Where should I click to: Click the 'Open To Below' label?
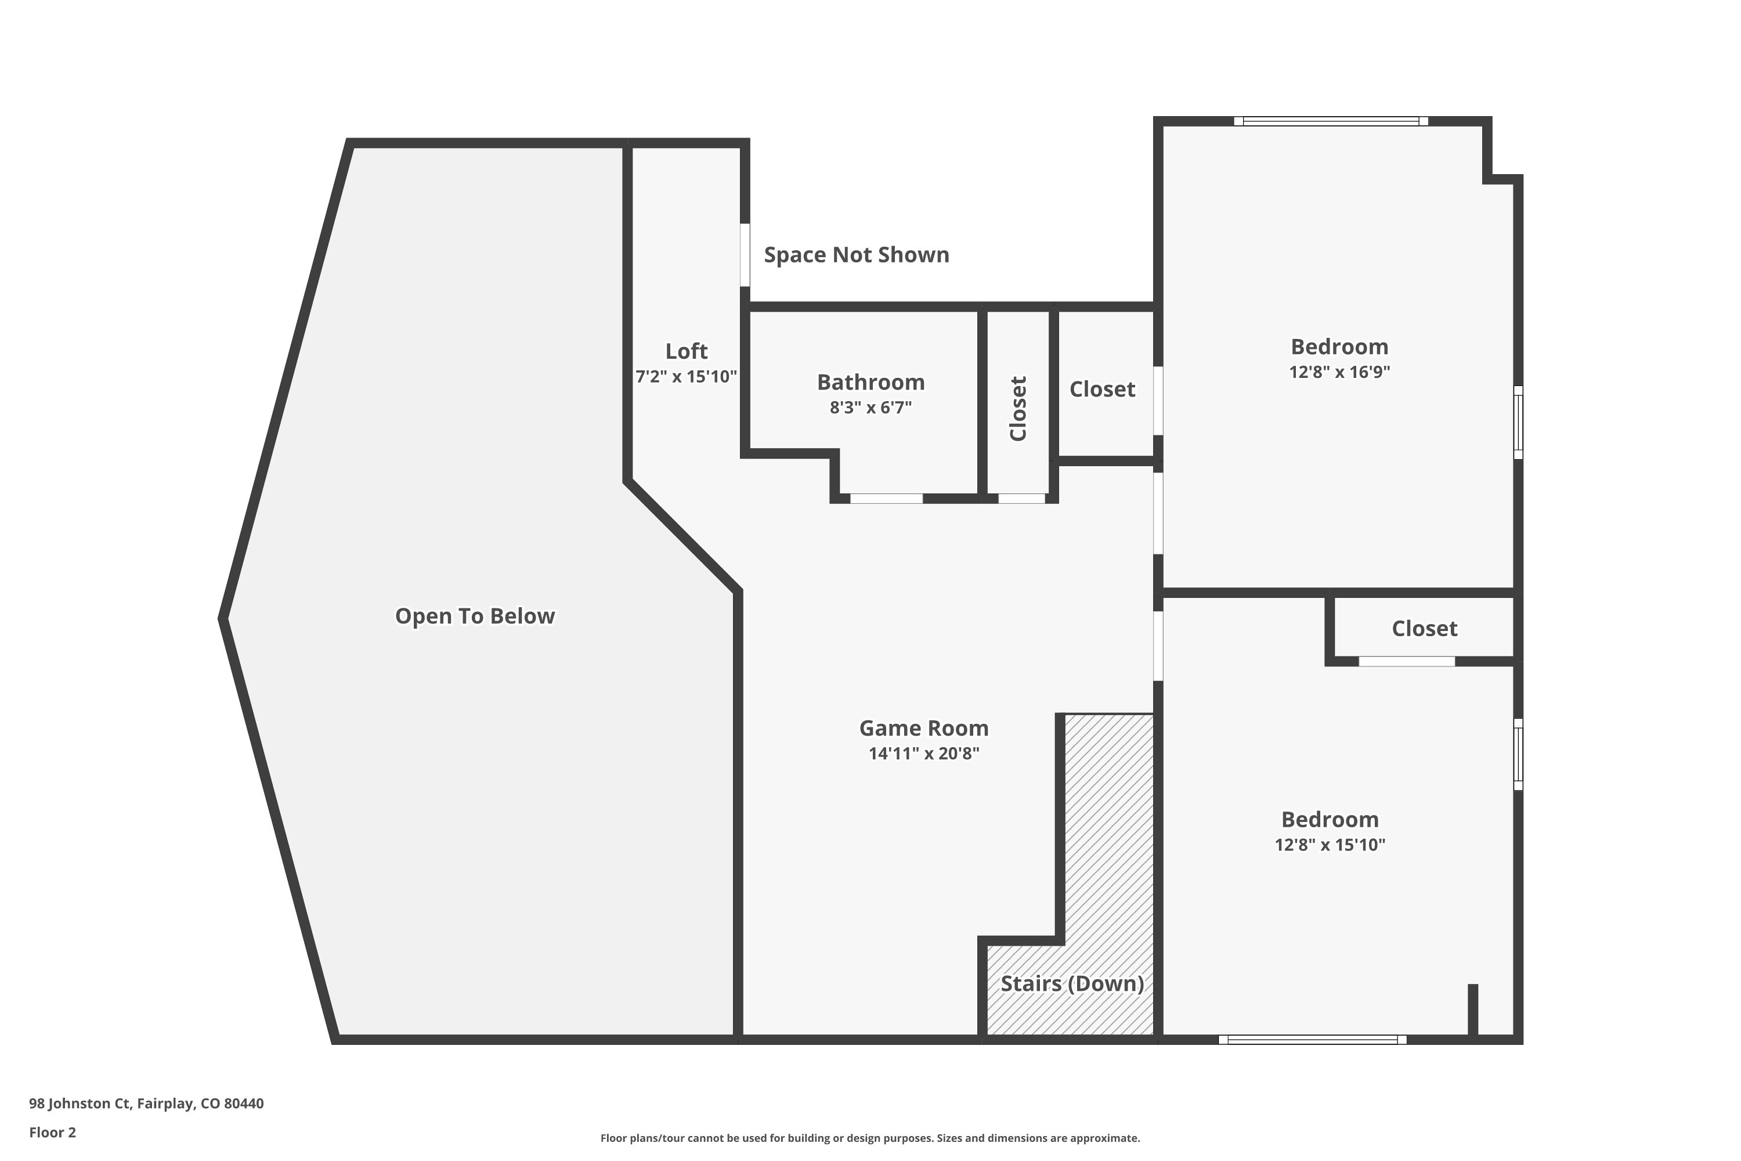click(x=475, y=616)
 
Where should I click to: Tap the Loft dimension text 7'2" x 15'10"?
click(x=686, y=376)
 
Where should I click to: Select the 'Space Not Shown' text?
click(x=857, y=255)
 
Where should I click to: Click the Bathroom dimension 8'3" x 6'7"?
click(x=870, y=408)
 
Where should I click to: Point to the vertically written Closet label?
click(x=1018, y=409)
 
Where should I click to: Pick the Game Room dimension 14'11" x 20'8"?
click(x=924, y=753)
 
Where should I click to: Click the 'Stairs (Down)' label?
click(x=1072, y=983)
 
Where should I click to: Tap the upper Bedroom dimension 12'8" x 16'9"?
click(x=1340, y=372)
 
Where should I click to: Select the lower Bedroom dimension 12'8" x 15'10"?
click(x=1330, y=845)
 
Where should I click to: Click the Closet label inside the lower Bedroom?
click(x=1424, y=629)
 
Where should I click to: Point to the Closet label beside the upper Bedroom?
click(x=1102, y=390)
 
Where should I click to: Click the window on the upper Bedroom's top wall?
click(x=1331, y=121)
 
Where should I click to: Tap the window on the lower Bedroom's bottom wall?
click(x=1312, y=1040)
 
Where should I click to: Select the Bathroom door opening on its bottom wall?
click(x=886, y=498)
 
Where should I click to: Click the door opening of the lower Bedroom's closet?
click(x=1406, y=661)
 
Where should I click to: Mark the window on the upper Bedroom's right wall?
click(x=1518, y=422)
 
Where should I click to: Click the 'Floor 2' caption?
click(x=53, y=1132)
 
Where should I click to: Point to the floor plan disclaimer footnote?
click(x=870, y=1138)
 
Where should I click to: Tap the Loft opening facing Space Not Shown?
click(x=745, y=255)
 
